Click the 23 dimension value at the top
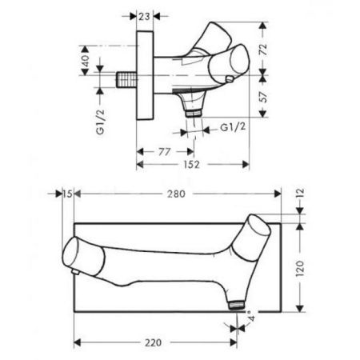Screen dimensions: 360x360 pos(145,17)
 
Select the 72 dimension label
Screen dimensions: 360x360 pos(263,49)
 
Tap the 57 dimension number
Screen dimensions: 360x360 pos(263,97)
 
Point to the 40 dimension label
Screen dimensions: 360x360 pos(85,61)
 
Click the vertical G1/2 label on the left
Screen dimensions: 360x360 pos(101,122)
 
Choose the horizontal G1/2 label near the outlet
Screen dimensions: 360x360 pos(233,127)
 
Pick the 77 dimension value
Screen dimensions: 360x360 pos(164,152)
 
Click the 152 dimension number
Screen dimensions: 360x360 pos(191,165)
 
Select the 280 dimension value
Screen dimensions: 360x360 pos(176,194)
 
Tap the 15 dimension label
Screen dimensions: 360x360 pos(68,194)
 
